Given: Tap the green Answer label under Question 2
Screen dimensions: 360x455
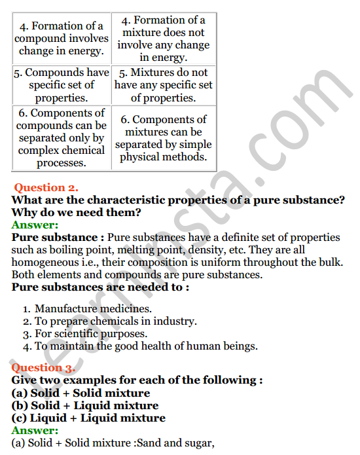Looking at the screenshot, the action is [x=35, y=225].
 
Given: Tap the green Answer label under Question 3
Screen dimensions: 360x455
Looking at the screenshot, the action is [x=35, y=430].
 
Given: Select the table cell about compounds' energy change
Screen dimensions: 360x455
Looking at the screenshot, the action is [x=61, y=39].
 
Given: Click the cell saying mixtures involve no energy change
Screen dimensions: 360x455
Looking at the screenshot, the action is [x=163, y=39].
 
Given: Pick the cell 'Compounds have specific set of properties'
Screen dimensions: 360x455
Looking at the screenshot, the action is [x=61, y=85].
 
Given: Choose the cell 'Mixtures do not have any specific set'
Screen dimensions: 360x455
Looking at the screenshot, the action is [x=163, y=85].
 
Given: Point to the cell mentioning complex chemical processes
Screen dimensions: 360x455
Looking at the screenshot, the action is [x=61, y=138].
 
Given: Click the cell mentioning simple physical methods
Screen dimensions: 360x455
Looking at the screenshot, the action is [x=163, y=138].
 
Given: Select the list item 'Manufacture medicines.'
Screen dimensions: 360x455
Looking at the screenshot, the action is [x=84, y=308].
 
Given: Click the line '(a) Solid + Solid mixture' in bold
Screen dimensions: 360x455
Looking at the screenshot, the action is [x=81, y=393].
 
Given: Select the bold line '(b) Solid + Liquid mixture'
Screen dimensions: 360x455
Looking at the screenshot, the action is [x=85, y=405].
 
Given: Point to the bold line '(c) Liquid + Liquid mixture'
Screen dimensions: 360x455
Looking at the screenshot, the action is [x=88, y=418].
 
